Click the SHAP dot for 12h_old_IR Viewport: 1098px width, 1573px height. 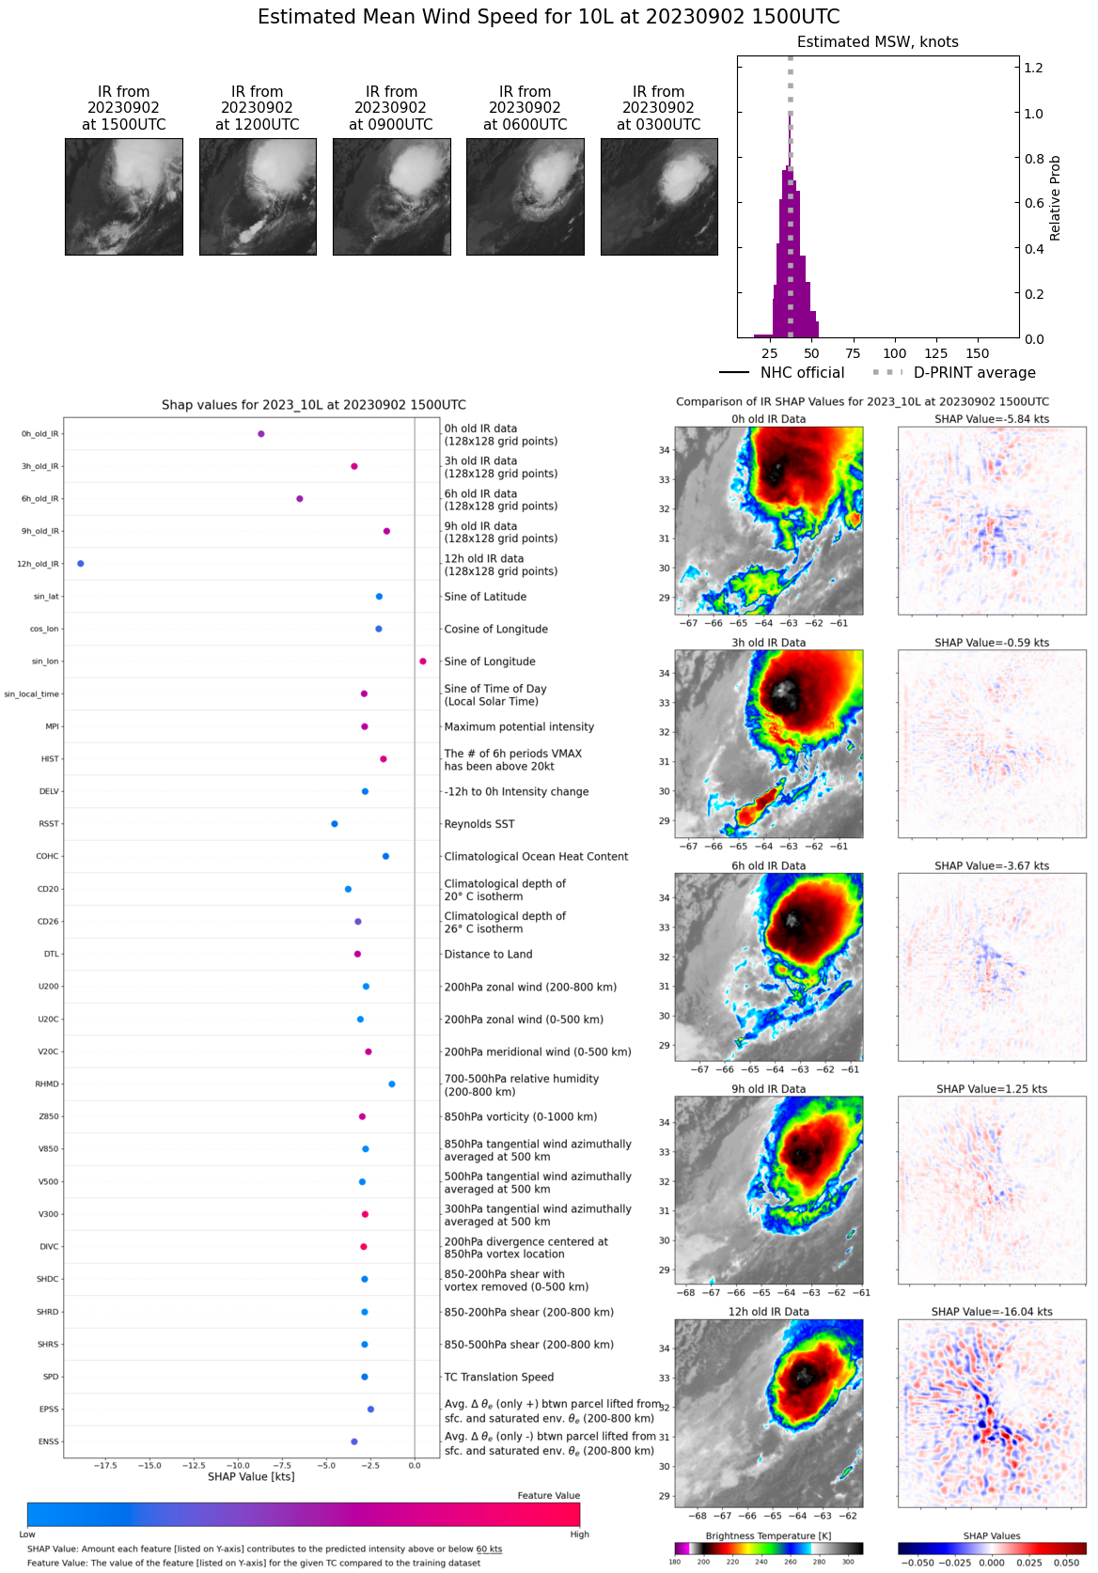tap(81, 564)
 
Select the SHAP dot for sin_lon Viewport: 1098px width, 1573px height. tap(423, 662)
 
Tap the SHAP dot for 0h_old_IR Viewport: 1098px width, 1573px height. tap(261, 434)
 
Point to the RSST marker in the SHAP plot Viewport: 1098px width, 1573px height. tap(335, 824)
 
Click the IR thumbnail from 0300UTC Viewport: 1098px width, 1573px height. tap(659, 196)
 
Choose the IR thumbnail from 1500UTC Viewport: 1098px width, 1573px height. tap(124, 196)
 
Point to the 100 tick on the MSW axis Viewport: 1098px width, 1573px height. tap(895, 353)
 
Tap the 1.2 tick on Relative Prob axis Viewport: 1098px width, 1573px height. tap(1033, 68)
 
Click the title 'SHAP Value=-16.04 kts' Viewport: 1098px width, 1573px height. tap(992, 1312)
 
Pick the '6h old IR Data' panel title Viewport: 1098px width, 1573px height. tap(769, 866)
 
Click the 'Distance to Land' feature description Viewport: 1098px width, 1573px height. tap(488, 955)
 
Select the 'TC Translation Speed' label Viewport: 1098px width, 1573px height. tap(498, 1378)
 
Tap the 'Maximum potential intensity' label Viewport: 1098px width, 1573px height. tap(519, 727)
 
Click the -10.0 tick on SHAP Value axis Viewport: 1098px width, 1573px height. tap(238, 1465)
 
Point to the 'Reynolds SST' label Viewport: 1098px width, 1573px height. tap(479, 824)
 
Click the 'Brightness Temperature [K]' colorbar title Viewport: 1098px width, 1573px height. tap(768, 1536)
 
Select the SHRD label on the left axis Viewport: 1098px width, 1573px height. tap(48, 1312)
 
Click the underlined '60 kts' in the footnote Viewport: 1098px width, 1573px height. tap(489, 1550)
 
